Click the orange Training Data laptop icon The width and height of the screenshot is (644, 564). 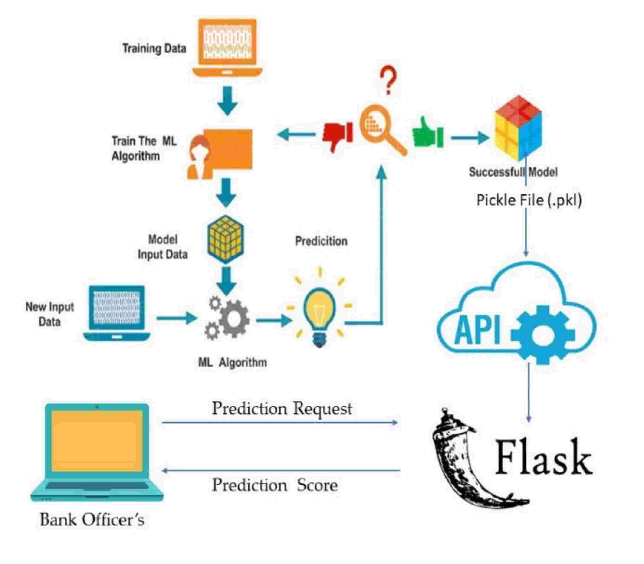pos(227,47)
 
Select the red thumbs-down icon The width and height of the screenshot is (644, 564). pos(337,136)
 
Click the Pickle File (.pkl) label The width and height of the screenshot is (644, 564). pos(529,200)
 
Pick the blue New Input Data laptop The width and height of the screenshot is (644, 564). pos(116,313)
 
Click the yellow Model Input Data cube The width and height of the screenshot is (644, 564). pos(226,239)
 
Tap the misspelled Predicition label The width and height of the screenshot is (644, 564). pos(321,241)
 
